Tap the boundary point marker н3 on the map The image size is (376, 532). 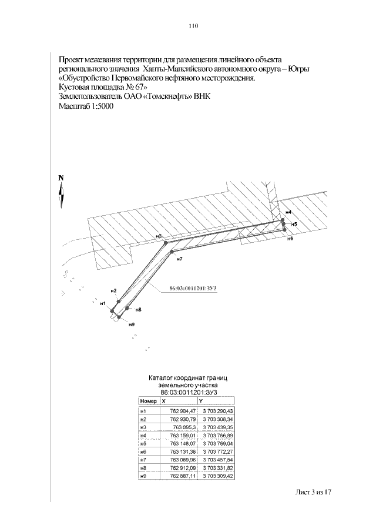point(166,242)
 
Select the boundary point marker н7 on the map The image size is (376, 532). point(172,252)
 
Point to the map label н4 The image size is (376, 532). point(288,212)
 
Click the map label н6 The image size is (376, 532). point(290,239)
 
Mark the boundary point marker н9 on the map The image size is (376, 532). point(119,317)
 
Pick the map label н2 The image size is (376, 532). point(112,291)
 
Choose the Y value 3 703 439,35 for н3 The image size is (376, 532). point(218,427)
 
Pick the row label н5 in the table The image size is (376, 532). point(142,443)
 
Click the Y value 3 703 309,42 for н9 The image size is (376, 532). point(218,475)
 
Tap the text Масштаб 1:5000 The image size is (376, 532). point(86,106)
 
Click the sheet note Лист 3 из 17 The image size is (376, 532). point(314,491)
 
